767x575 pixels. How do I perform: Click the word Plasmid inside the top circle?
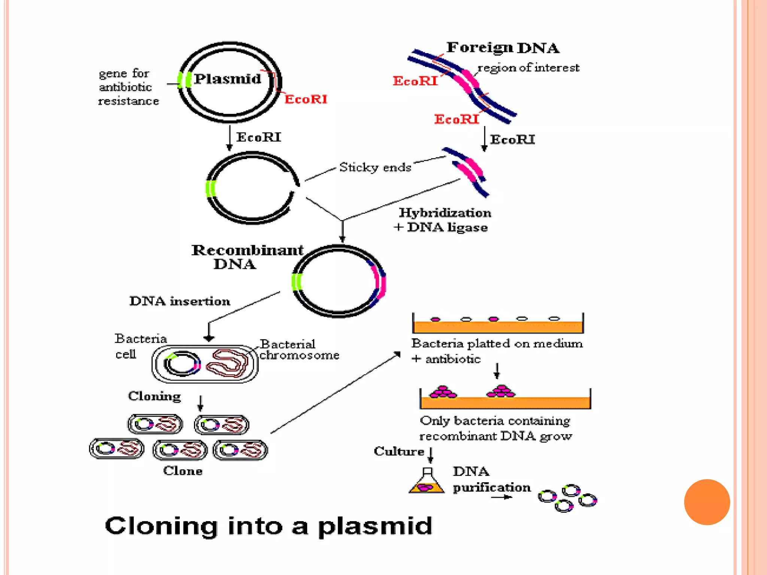(x=227, y=79)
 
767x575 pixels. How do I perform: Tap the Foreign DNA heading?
(x=503, y=48)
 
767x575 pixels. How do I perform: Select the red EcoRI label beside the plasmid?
(x=306, y=99)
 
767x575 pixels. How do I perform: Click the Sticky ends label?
(x=375, y=167)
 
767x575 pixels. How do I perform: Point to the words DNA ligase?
(x=447, y=227)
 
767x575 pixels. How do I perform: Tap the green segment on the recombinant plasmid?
(x=297, y=282)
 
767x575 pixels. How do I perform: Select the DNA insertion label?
(x=180, y=301)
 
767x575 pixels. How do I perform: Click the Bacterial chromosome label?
(x=298, y=349)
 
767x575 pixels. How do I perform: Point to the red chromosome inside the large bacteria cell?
(x=227, y=363)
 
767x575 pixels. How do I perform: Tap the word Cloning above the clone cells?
(x=154, y=396)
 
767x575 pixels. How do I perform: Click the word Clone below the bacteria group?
(x=183, y=471)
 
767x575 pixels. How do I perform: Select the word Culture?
(x=398, y=451)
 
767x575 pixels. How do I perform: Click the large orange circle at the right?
(x=707, y=502)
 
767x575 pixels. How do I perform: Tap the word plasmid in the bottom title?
(x=375, y=526)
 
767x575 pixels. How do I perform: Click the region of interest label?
(x=528, y=68)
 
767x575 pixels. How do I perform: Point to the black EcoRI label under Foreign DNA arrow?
(x=512, y=140)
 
